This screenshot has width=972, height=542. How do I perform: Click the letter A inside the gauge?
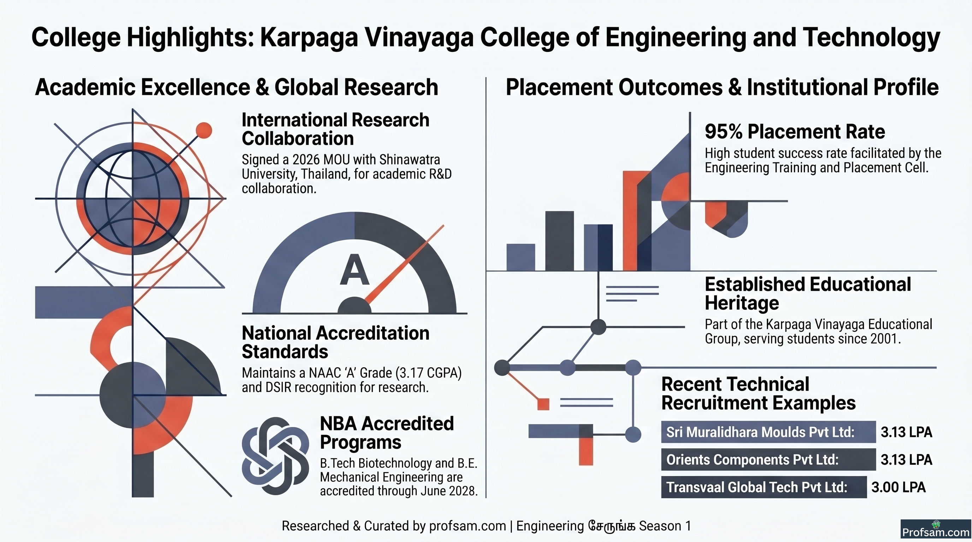354,270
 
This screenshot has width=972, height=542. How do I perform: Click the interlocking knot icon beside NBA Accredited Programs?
275,456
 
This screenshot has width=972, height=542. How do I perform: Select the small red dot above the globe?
204,131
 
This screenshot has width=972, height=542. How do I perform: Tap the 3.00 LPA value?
899,487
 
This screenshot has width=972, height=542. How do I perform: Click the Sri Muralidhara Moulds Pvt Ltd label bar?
768,432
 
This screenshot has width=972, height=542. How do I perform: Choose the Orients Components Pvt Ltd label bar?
768,459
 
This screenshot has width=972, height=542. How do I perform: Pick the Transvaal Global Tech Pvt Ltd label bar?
764,487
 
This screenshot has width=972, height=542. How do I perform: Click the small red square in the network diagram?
543,404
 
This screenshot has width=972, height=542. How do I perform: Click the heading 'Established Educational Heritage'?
808,294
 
